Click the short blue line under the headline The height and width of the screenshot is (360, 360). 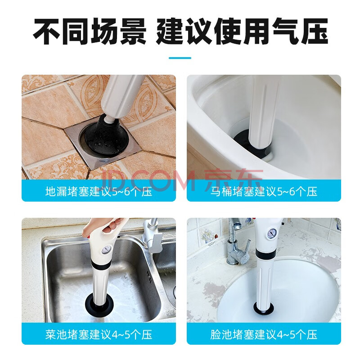tap(180, 58)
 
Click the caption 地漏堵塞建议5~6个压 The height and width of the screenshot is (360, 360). tap(99, 192)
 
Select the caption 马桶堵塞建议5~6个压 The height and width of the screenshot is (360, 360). tap(264, 192)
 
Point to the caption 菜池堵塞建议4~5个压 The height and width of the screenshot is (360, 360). tap(99, 335)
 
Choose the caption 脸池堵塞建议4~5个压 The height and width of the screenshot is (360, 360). tap(264, 335)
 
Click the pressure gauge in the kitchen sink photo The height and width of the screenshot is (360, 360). tap(107, 251)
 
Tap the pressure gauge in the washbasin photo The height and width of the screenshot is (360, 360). tap(272, 234)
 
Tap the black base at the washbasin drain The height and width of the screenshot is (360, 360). tap(264, 308)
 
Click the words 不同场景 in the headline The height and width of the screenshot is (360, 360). tap(90, 31)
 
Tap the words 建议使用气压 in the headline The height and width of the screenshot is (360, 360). tap(242, 31)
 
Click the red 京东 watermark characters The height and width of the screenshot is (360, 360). tap(234, 180)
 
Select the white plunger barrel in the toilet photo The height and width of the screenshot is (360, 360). tap(264, 112)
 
